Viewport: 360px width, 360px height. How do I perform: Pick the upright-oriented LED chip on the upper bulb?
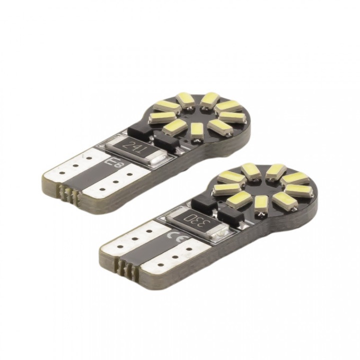[196, 130]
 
